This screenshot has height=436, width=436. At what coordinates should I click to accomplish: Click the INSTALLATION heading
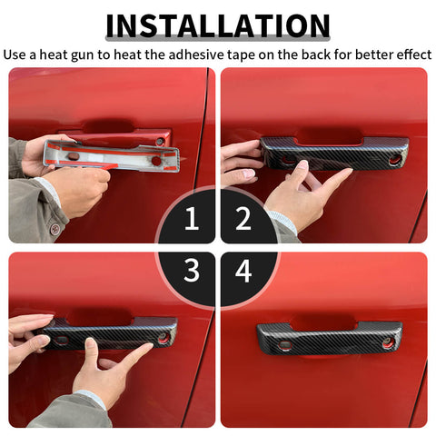(x=218, y=25)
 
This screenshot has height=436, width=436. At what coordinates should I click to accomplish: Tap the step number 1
(x=191, y=219)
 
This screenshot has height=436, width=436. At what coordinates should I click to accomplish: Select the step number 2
(x=243, y=219)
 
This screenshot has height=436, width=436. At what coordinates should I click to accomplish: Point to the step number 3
(x=191, y=270)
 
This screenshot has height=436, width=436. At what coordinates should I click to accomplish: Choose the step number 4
(x=243, y=270)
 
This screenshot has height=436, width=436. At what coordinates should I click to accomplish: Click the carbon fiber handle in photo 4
(x=329, y=336)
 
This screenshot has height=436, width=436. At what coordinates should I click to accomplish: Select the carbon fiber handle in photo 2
(x=334, y=152)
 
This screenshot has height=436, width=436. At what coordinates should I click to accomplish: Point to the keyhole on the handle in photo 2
(x=395, y=160)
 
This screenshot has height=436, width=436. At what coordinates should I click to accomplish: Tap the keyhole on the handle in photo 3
(x=164, y=338)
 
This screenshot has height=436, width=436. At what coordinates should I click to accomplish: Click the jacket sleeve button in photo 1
(x=56, y=229)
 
